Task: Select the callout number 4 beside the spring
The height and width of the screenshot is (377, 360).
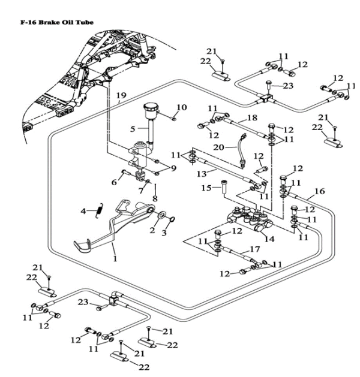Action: (x=85, y=210)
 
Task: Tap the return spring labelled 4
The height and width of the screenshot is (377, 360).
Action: (x=101, y=209)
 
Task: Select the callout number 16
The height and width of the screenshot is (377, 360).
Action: (x=319, y=191)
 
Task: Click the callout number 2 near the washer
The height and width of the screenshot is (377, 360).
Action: (x=152, y=230)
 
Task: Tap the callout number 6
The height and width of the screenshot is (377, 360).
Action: (x=115, y=182)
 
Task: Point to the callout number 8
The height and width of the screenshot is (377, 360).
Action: (x=155, y=198)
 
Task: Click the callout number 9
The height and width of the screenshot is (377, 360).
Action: (x=173, y=168)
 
